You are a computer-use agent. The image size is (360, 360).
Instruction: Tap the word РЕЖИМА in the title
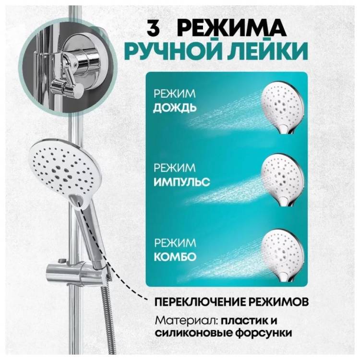232,28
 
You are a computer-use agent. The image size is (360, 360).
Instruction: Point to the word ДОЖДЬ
175,108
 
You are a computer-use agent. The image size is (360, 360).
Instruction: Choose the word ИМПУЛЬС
181,182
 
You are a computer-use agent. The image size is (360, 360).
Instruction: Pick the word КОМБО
175,257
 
